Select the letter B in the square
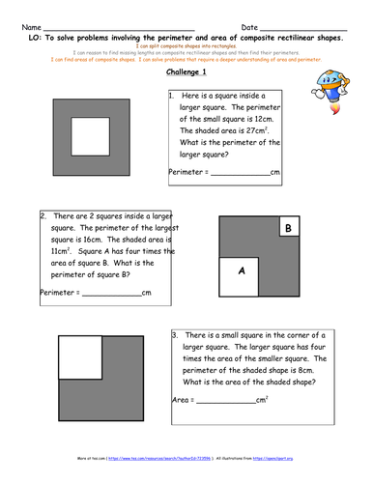(x=286, y=228)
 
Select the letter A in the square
(x=242, y=272)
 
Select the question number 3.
(x=173, y=335)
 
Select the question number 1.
(x=171, y=97)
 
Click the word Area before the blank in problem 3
(x=181, y=399)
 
